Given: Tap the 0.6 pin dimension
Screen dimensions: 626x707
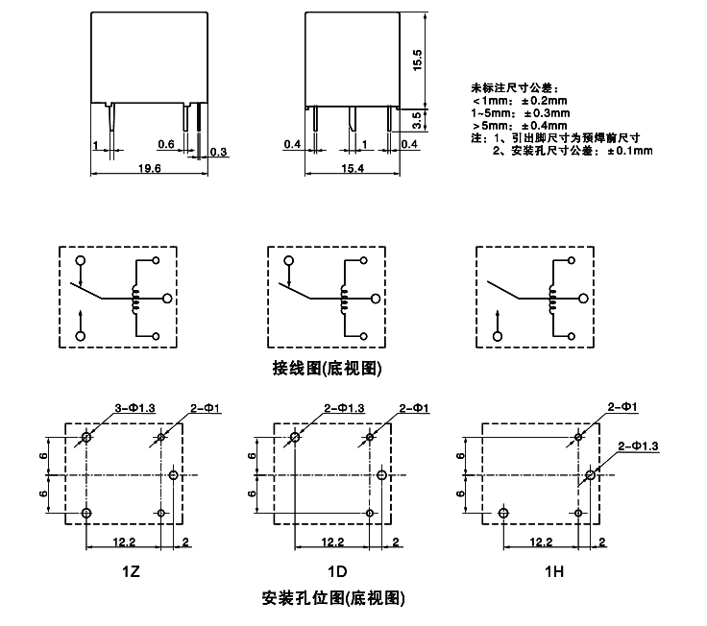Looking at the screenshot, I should pos(164,144).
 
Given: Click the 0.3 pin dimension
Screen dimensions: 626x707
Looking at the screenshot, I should pos(218,152).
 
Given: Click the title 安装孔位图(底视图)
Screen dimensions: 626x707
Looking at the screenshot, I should pos(332,598).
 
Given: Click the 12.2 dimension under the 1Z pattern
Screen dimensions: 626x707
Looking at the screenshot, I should pos(124,542).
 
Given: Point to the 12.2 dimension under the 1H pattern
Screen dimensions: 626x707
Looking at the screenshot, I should pos(539,542).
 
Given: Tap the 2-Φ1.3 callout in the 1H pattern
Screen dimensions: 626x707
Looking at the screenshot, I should pos(639,445).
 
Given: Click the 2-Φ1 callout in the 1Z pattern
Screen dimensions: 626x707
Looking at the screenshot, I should pos(207,409).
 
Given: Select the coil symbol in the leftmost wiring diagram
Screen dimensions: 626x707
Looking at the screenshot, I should pos(135,300).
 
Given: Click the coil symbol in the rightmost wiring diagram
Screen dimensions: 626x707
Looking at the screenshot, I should pos(551,300).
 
